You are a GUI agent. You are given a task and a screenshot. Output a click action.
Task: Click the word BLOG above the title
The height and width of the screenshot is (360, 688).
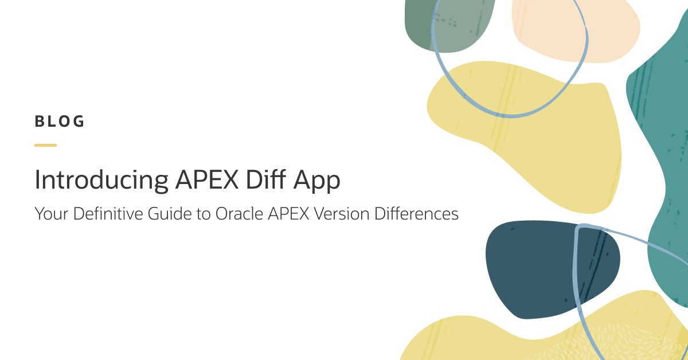60,122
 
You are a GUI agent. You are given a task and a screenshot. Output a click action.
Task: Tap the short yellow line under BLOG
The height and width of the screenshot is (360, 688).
45,145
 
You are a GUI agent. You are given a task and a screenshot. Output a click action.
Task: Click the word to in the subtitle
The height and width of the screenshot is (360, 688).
204,214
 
